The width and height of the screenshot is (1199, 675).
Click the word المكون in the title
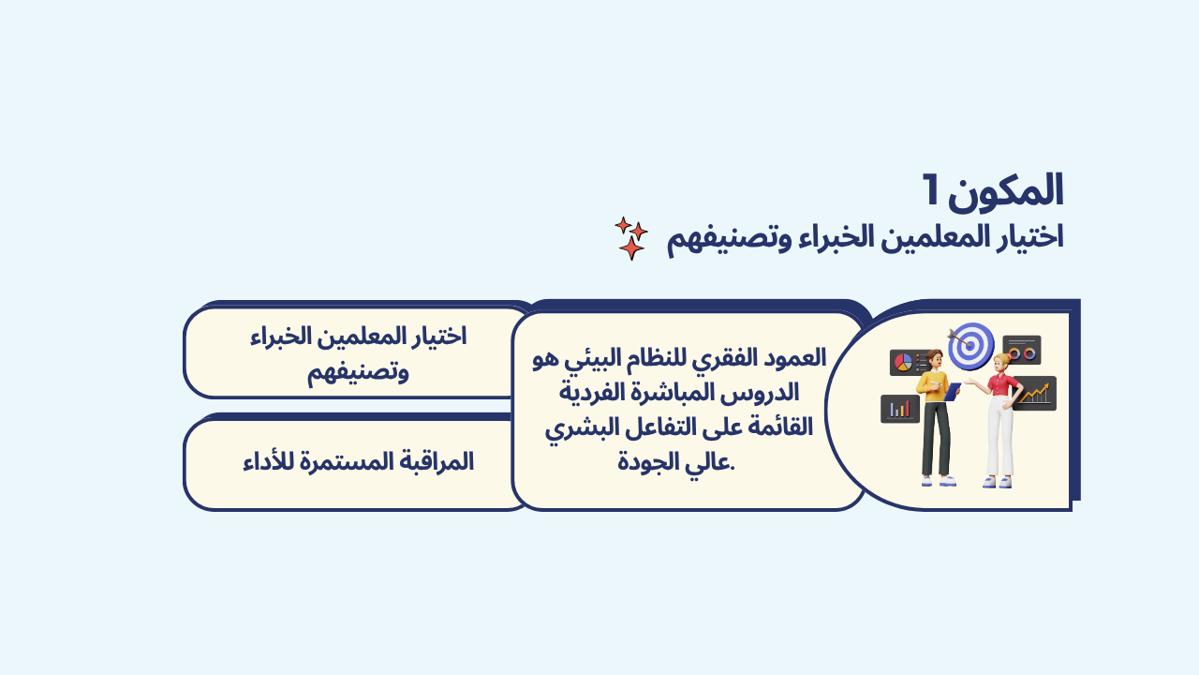click(x=1006, y=191)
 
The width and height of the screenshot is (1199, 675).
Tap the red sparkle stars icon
click(x=631, y=238)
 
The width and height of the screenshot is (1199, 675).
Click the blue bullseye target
click(x=971, y=346)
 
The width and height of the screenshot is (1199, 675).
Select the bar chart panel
click(x=900, y=410)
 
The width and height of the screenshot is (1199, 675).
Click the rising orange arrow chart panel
click(x=1035, y=394)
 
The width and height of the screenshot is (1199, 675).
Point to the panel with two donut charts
click(x=1022, y=350)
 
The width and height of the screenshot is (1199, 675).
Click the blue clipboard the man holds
click(x=952, y=392)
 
